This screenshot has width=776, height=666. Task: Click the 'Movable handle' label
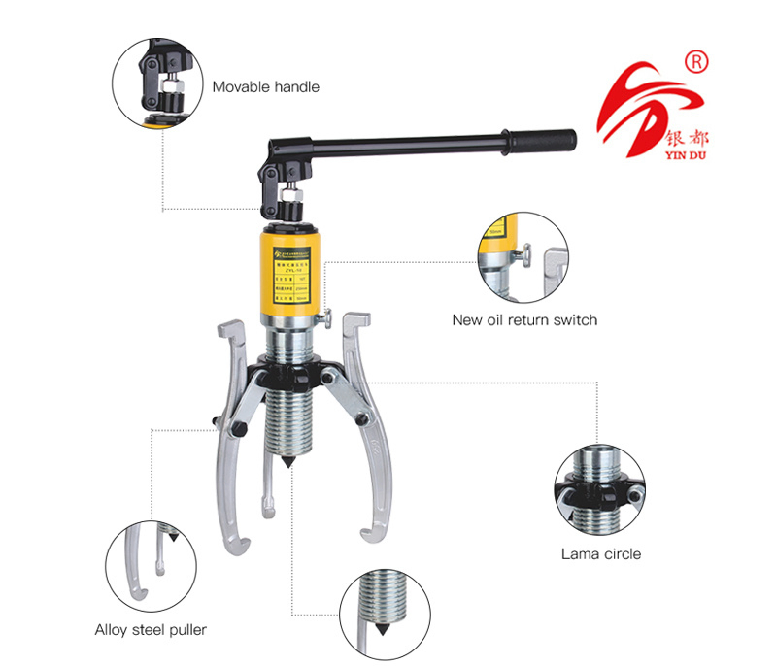(x=265, y=86)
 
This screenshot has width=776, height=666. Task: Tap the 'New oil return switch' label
(x=524, y=319)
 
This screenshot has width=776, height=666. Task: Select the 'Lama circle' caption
(x=600, y=554)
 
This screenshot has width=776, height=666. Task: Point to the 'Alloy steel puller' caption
(x=151, y=629)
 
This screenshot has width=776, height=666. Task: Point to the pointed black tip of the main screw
(x=289, y=464)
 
